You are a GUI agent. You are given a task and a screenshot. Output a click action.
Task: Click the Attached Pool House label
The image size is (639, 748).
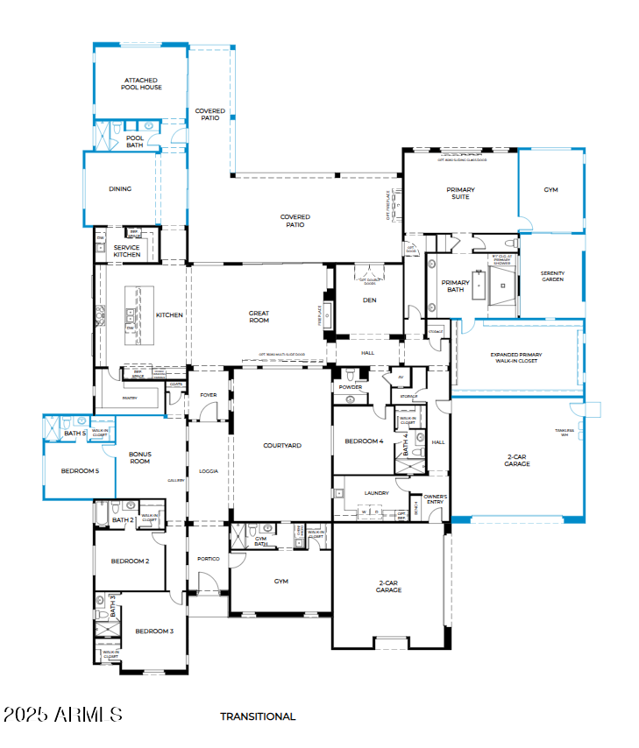tap(141, 84)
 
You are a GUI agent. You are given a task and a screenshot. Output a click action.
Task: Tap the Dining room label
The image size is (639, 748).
tap(120, 188)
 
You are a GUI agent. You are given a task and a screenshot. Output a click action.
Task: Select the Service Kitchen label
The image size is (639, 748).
tap(126, 251)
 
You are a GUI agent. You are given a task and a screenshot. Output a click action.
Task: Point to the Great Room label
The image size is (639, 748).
tap(259, 316)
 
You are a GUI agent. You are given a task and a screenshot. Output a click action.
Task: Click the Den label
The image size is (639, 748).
tap(369, 300)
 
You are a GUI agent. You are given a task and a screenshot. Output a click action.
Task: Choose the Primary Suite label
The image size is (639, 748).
tap(460, 193)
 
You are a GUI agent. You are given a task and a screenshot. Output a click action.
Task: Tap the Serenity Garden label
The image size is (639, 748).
tap(552, 277)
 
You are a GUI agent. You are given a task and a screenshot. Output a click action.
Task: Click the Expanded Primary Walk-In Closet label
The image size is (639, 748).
tap(516, 358)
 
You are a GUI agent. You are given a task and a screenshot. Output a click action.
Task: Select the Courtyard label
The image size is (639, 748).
tap(282, 446)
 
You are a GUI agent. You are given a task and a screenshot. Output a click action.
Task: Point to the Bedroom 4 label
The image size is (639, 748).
tap(364, 441)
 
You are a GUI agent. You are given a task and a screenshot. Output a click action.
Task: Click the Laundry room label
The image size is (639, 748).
tap(376, 493)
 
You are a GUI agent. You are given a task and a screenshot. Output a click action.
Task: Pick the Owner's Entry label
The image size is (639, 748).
tap(436, 499)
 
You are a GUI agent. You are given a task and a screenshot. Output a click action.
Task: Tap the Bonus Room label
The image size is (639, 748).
tap(140, 457)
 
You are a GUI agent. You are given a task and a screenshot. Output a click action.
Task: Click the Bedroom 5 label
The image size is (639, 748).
tap(80, 471)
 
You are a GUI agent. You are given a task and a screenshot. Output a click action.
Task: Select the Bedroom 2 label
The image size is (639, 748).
tap(130, 561)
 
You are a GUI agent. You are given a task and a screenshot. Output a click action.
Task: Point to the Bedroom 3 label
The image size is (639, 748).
tap(153, 631)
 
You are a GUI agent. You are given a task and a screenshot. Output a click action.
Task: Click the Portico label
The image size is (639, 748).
tap(208, 558)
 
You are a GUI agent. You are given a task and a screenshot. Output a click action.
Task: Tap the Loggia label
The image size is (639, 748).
tap(209, 471)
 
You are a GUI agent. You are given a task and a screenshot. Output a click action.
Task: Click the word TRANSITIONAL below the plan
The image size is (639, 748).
tap(258, 716)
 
